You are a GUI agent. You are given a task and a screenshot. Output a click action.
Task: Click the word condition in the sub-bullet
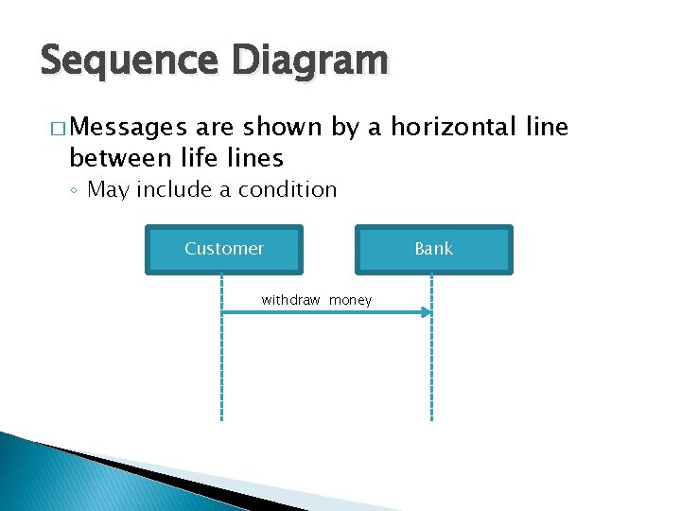pyautogui.click(x=288, y=189)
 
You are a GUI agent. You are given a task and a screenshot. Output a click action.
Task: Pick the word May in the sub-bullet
pyautogui.click(x=108, y=189)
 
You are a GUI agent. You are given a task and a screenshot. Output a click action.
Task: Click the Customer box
pyautogui.click(x=224, y=249)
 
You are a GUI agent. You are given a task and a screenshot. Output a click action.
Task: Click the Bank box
pyautogui.click(x=433, y=249)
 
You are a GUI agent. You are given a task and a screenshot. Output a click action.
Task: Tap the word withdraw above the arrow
pyautogui.click(x=290, y=300)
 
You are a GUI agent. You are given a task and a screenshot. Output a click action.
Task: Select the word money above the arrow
pyautogui.click(x=350, y=300)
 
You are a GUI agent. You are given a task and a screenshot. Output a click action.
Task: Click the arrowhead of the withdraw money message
pyautogui.click(x=428, y=312)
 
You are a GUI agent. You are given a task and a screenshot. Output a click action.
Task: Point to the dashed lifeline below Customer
pyautogui.click(x=221, y=379)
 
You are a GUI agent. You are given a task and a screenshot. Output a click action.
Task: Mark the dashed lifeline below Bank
pyautogui.click(x=432, y=379)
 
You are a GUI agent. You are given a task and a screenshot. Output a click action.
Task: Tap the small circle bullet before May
pyautogui.click(x=74, y=190)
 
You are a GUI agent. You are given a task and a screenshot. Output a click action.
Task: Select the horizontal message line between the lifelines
pyautogui.click(x=322, y=312)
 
